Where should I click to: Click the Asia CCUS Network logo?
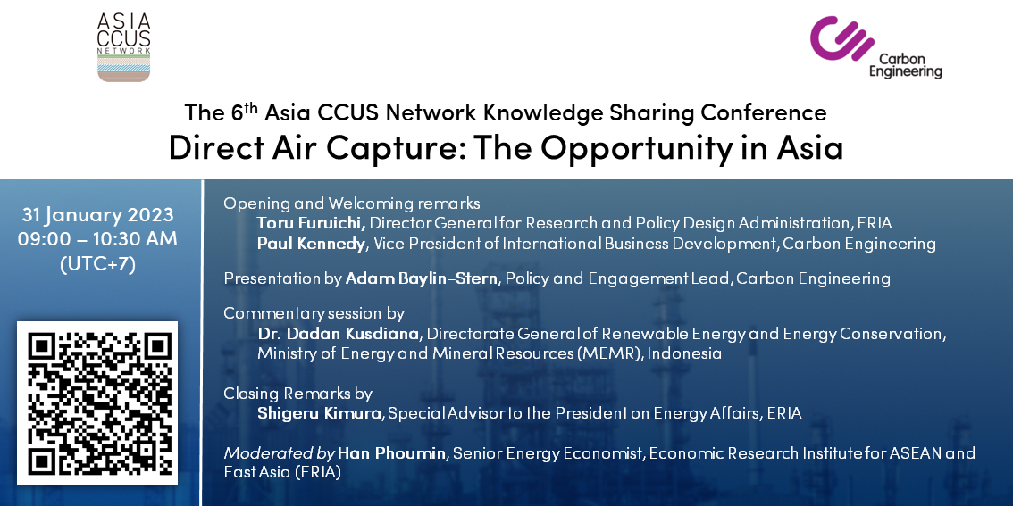(x=123, y=47)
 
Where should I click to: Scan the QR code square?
(x=96, y=402)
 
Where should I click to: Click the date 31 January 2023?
(x=97, y=214)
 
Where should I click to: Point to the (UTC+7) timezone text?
(x=97, y=265)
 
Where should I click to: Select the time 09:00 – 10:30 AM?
(x=97, y=239)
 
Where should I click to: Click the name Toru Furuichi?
(x=312, y=223)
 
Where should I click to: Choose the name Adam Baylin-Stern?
(x=423, y=278)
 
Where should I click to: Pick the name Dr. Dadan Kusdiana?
(x=339, y=335)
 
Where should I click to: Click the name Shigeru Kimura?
(x=319, y=413)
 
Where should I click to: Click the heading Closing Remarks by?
(x=297, y=393)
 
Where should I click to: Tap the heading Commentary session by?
(x=314, y=314)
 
